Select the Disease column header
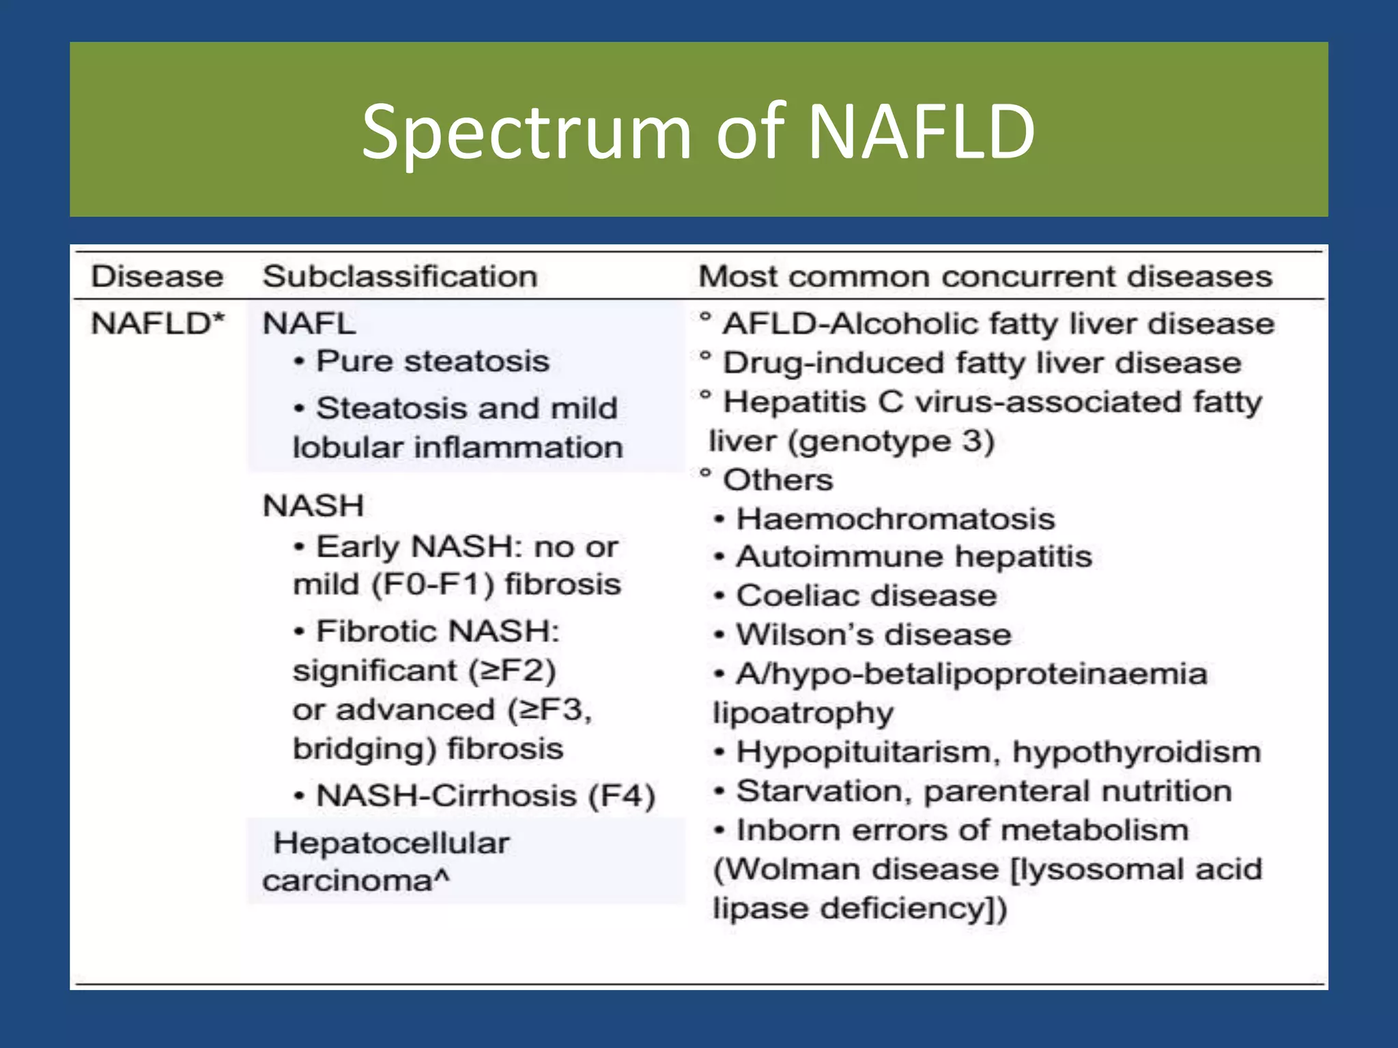point(157,276)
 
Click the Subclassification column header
point(400,276)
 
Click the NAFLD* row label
point(158,323)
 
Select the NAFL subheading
point(309,323)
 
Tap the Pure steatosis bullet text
point(432,361)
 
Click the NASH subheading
point(313,506)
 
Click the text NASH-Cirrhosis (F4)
point(485,796)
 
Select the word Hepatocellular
point(391,843)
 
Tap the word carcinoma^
point(356,880)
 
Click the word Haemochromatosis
point(895,519)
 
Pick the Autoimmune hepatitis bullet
point(913,556)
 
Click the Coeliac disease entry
point(866,596)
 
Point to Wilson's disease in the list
point(873,635)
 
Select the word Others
point(778,480)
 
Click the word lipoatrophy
point(803,713)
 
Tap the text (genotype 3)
point(891,441)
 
